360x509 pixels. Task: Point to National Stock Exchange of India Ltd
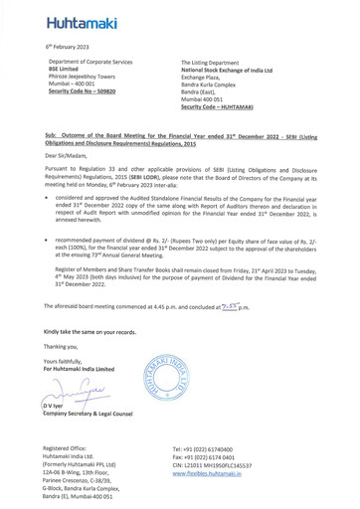point(239,70)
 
